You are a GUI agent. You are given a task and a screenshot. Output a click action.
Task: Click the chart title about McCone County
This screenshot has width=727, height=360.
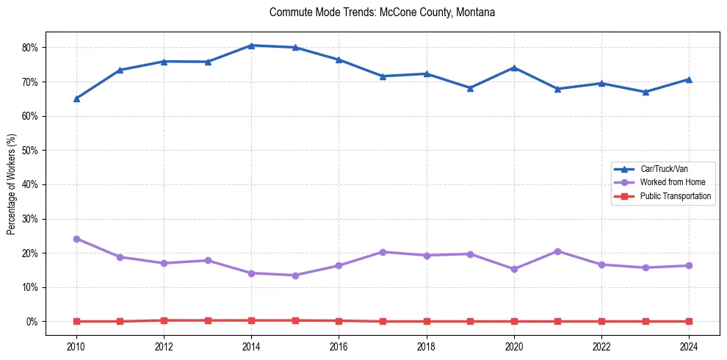pos(382,12)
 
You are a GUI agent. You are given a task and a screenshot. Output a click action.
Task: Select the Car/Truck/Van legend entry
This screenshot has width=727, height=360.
pos(663,169)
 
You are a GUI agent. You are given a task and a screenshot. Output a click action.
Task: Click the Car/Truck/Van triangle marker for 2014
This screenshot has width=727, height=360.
pos(251,46)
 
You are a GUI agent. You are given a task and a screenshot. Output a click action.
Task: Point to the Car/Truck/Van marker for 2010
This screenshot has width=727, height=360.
pos(76,98)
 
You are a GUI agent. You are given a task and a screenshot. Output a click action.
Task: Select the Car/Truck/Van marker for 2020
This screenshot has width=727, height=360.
pos(514,68)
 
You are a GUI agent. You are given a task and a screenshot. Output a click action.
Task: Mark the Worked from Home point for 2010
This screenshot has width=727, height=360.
pos(76,239)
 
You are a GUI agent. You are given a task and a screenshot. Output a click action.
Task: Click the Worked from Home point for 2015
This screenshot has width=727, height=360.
pos(295,276)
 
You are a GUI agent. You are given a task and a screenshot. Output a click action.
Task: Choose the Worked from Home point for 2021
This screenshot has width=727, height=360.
pos(557,251)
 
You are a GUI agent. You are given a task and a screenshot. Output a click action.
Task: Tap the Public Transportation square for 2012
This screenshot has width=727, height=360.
pos(164,320)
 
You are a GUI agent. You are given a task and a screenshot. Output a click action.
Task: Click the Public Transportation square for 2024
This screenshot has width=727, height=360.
pos(689,321)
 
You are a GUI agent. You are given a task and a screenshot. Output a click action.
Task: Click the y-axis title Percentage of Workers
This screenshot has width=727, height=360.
pos(11,184)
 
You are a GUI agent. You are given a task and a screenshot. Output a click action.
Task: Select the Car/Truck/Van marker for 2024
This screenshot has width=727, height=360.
pos(689,79)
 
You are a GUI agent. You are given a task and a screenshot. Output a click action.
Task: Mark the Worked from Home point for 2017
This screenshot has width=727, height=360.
pos(383,252)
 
